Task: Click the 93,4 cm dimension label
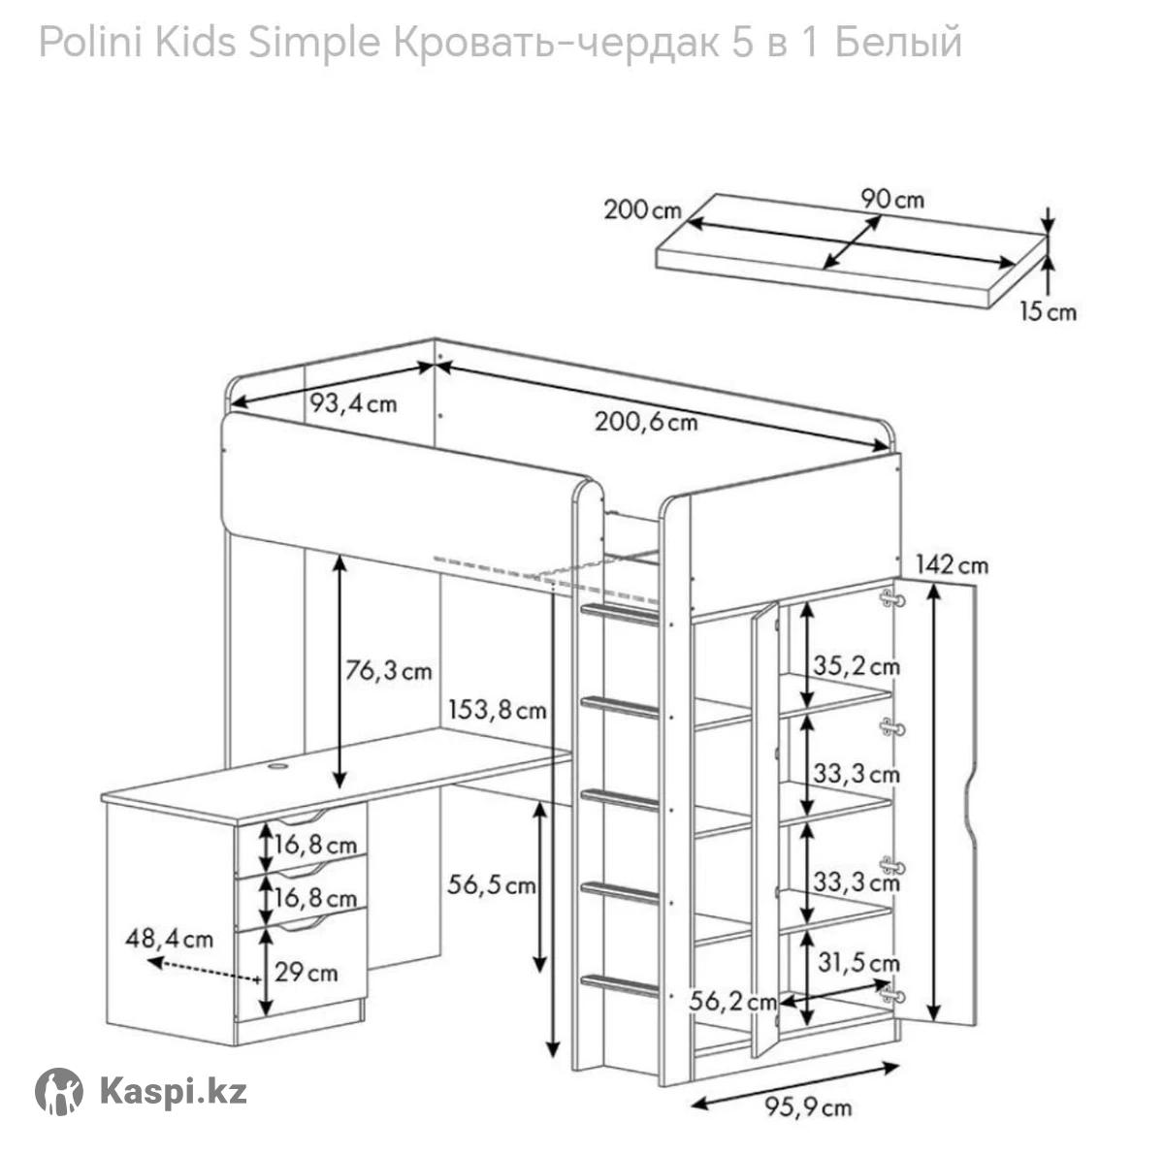(353, 403)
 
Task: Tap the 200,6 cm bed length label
(646, 422)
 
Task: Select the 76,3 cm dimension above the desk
(388, 671)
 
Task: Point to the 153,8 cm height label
(498, 709)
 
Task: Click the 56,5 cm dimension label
(491, 885)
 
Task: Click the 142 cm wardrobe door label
(952, 565)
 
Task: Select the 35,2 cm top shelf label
(856, 666)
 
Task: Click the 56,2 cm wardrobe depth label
(732, 1002)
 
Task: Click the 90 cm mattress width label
(892, 200)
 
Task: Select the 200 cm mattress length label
(643, 210)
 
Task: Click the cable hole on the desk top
(277, 766)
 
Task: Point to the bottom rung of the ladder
(619, 985)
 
